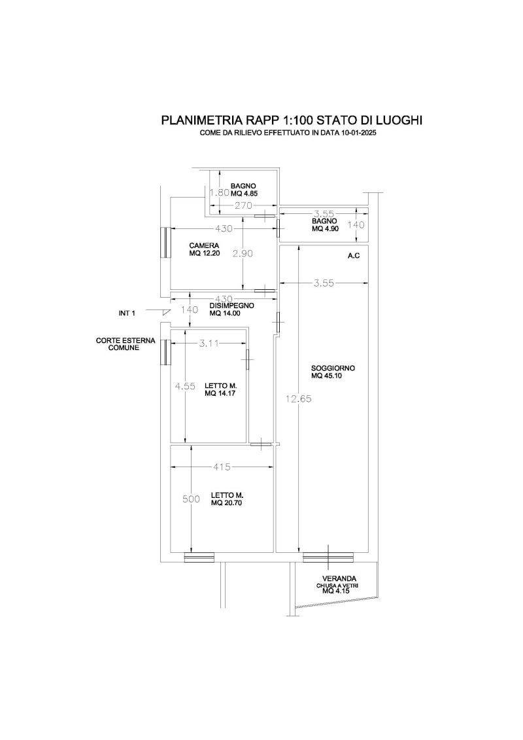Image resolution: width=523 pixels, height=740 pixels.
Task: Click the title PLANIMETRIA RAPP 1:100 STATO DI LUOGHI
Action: pos(292,120)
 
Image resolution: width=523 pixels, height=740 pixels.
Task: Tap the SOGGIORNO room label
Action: pos(333,368)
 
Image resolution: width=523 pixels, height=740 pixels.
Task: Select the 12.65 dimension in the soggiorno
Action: pos(299,398)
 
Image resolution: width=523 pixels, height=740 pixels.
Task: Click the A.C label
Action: pos(354,256)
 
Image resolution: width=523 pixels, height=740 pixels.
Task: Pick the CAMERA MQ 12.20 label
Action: pos(205,249)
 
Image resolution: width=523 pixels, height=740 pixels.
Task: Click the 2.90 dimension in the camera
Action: pos(243,253)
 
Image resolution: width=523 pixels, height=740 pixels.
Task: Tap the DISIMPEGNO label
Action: pos(231,306)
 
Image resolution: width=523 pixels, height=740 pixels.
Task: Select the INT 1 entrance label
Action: pos(127,313)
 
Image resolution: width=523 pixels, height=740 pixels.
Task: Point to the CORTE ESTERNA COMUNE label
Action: pos(125,344)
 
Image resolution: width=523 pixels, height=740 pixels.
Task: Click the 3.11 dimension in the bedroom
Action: pos(209,344)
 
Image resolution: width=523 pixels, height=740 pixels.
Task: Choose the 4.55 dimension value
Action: pos(185,386)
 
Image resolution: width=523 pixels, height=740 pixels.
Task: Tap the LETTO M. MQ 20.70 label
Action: pos(227,499)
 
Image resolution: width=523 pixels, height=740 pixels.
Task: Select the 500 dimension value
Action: pos(191,499)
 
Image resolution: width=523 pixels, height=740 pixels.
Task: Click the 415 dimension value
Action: pos(222,467)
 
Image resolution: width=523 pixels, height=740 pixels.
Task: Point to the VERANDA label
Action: pos(339,578)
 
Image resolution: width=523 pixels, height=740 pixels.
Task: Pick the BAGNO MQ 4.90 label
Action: pos(324,224)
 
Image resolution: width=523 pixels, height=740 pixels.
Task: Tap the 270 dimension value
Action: pos(243,205)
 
